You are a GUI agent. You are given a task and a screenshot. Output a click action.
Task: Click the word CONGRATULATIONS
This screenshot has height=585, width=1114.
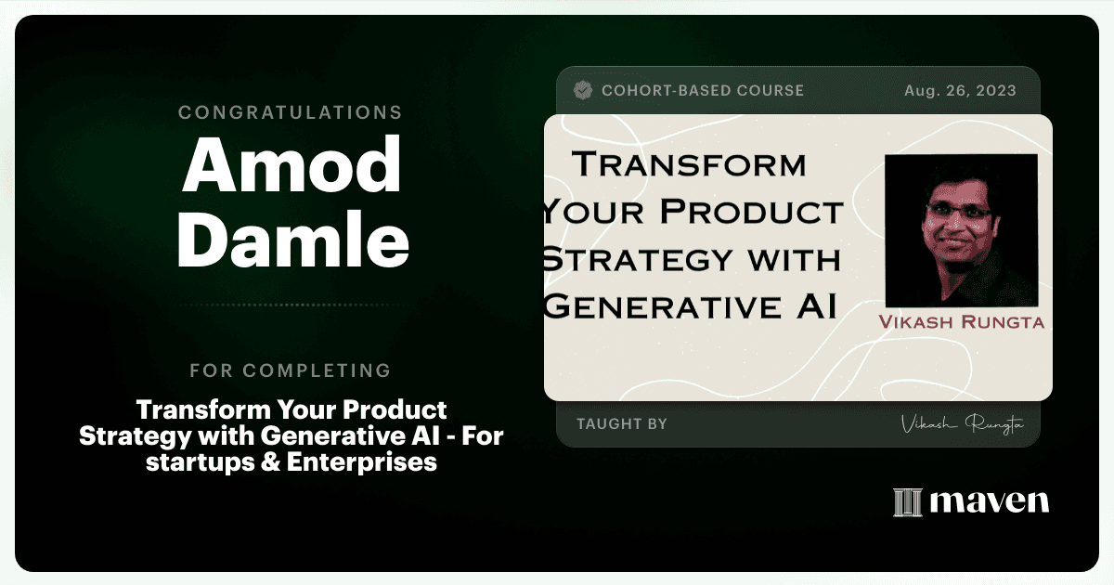pyautogui.click(x=290, y=112)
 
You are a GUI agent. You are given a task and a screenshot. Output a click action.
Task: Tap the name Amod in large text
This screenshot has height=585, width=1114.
pyautogui.click(x=291, y=164)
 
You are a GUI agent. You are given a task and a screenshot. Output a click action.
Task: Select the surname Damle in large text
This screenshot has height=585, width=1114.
pyautogui.click(x=293, y=240)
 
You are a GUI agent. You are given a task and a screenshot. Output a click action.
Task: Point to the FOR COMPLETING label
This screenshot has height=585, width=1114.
pyautogui.click(x=291, y=370)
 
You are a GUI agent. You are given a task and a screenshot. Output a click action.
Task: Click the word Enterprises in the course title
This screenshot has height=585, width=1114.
pyautogui.click(x=362, y=462)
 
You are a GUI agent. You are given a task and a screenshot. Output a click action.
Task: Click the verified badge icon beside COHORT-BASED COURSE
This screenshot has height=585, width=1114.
pyautogui.click(x=583, y=90)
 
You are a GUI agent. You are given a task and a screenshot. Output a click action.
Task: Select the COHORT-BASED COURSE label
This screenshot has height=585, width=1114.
pyautogui.click(x=703, y=90)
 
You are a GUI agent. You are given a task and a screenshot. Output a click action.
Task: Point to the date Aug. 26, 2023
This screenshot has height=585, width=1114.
pyautogui.click(x=960, y=91)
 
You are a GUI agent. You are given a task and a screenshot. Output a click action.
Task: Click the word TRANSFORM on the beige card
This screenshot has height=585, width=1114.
pyautogui.click(x=689, y=164)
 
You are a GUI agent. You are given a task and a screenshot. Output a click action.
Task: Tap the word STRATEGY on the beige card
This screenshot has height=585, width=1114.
pyautogui.click(x=638, y=259)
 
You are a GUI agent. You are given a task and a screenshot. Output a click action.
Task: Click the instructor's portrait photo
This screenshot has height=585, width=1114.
pyautogui.click(x=962, y=230)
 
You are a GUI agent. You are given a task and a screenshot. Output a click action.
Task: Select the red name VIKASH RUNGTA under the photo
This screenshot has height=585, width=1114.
pyautogui.click(x=962, y=322)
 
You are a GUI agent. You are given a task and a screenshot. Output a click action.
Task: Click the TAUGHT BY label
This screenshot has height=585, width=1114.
pyautogui.click(x=622, y=423)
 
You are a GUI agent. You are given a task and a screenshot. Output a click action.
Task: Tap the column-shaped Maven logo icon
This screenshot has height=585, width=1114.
pyautogui.click(x=908, y=502)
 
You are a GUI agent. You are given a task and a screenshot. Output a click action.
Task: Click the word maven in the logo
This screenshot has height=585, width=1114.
pyautogui.click(x=990, y=501)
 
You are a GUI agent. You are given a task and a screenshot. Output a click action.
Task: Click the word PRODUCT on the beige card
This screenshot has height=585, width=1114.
pyautogui.click(x=751, y=212)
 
